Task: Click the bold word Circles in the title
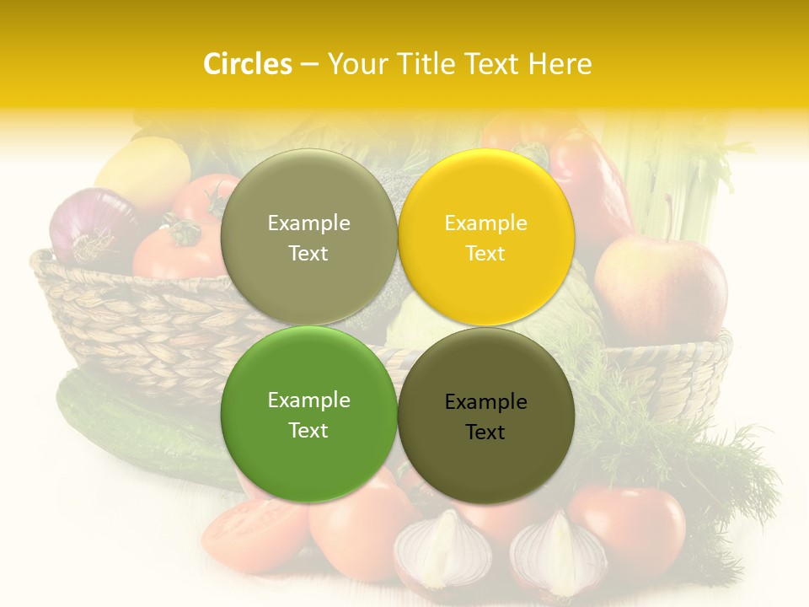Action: [247, 64]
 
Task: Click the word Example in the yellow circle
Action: [486, 223]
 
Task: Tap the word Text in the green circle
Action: [308, 430]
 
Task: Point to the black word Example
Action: [486, 402]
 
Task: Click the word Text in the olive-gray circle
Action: [308, 253]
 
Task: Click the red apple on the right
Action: [661, 287]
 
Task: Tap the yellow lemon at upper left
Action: [143, 173]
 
